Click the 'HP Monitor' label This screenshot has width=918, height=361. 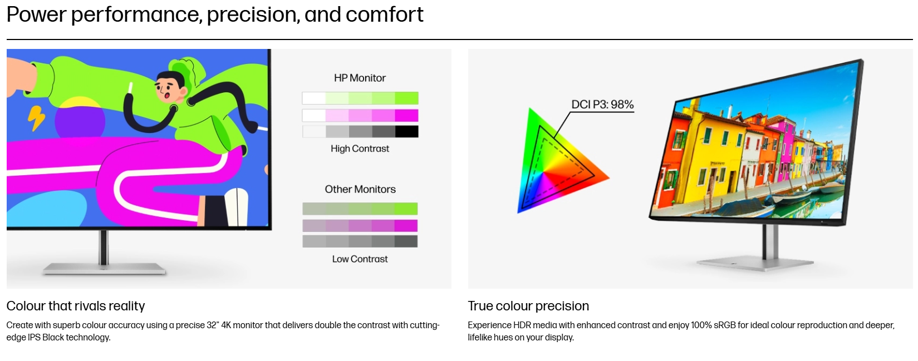point(360,78)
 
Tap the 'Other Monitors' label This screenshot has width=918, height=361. point(360,189)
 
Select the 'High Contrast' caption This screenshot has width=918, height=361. point(360,149)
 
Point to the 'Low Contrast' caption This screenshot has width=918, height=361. point(360,259)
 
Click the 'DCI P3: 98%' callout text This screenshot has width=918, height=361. point(602,105)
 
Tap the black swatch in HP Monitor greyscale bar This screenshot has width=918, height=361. point(406,131)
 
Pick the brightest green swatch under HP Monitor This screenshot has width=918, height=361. point(406,98)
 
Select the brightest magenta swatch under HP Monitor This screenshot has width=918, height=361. point(406,116)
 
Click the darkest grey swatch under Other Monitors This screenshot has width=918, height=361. point(406,241)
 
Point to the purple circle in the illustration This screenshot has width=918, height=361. point(80,121)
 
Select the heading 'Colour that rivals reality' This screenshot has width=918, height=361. point(76,306)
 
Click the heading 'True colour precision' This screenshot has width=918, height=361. point(528,306)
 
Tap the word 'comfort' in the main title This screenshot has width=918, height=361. point(385,14)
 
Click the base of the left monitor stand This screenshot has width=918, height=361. point(104,269)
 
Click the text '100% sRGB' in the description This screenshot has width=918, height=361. point(713,325)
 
